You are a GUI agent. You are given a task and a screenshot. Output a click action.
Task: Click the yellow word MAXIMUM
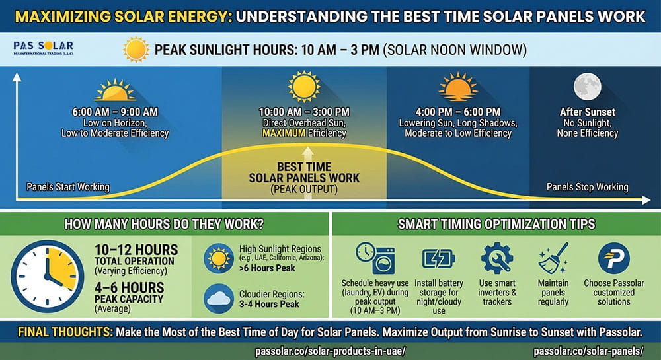(284, 133)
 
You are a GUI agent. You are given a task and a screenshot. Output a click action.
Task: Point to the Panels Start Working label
(67, 187)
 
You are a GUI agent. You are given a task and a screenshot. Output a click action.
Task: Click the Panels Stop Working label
(587, 187)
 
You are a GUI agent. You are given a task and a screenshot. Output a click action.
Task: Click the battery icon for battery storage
(438, 258)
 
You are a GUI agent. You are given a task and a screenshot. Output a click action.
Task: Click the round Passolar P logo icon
(613, 258)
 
